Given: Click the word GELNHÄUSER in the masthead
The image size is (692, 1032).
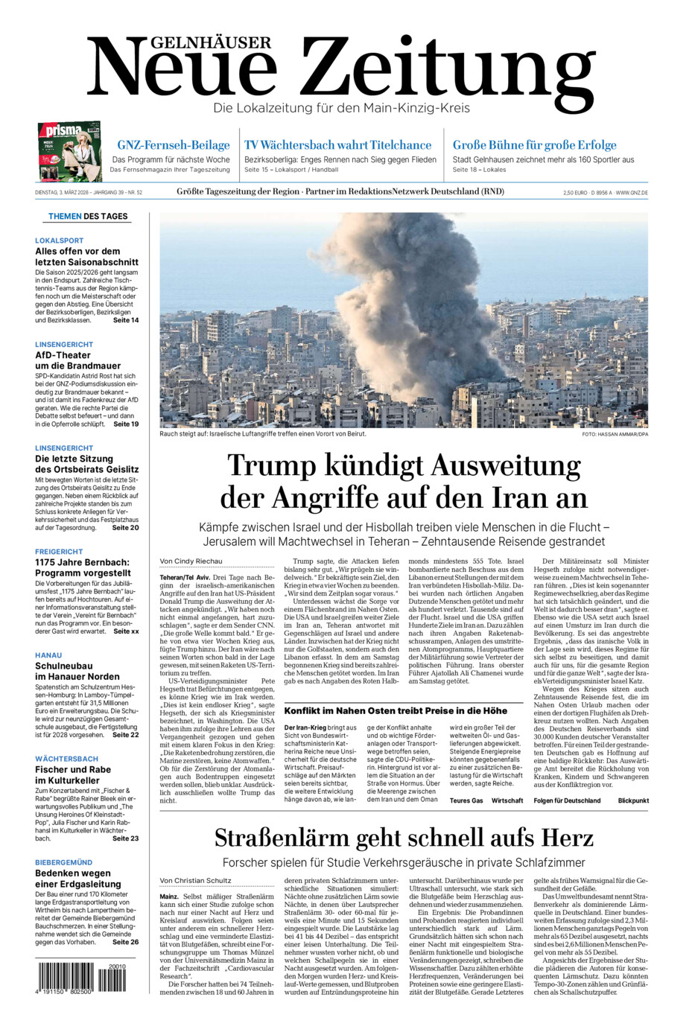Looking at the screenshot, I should [x=200, y=43].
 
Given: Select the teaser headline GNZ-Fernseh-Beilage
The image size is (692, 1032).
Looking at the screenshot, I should [x=173, y=145].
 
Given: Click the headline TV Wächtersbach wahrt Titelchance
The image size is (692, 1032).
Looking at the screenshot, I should [x=337, y=145].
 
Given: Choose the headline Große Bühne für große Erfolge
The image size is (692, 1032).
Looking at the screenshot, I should [x=534, y=145].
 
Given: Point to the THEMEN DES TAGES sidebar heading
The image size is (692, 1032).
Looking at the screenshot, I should [x=88, y=217].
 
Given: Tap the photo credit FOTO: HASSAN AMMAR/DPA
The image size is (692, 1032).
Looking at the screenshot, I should [x=615, y=434].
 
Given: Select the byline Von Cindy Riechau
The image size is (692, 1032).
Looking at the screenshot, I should [x=191, y=561].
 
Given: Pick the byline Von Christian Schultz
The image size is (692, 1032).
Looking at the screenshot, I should [x=195, y=880].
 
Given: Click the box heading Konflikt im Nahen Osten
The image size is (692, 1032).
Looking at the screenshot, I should [x=396, y=710].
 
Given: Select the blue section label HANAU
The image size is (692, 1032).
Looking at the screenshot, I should [x=48, y=655].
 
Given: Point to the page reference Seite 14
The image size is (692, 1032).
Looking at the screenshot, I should [x=125, y=320].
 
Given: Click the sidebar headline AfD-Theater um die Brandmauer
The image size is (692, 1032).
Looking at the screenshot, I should [x=77, y=360].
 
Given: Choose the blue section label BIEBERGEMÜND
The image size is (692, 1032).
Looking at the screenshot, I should [x=63, y=862].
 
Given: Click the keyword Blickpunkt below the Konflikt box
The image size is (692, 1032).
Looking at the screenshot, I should [x=632, y=800].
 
